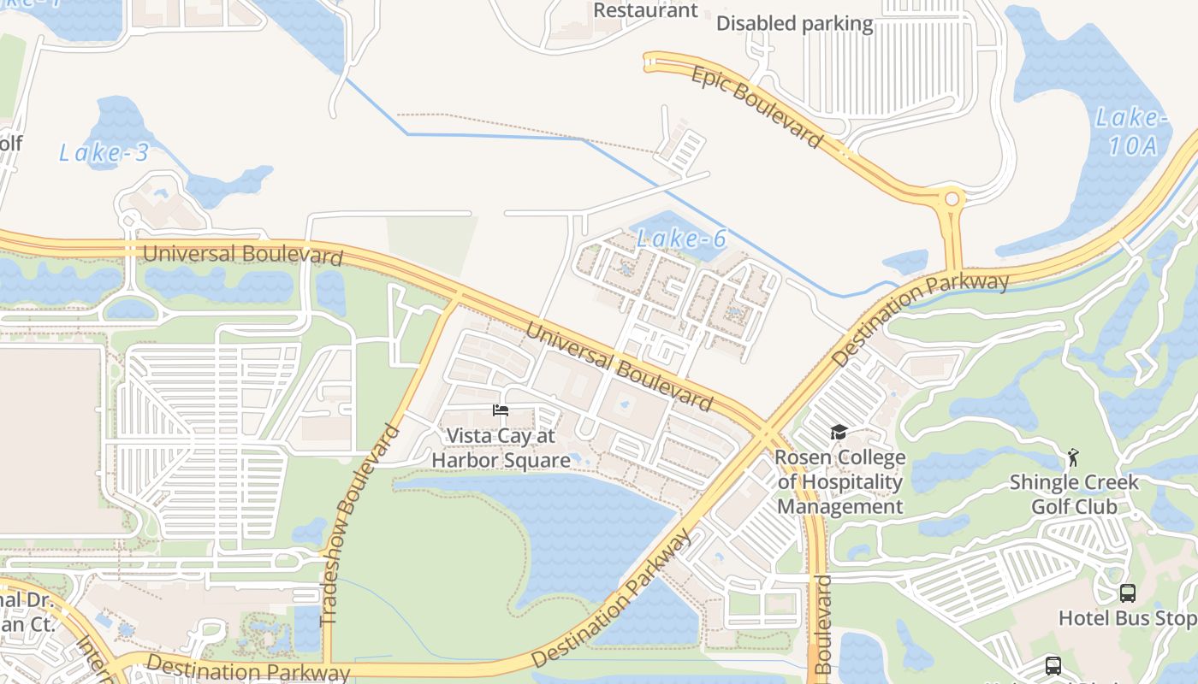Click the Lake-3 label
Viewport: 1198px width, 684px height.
pos(104,153)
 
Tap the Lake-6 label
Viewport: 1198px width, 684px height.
pos(681,239)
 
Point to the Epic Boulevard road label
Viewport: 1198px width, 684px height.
pos(756,107)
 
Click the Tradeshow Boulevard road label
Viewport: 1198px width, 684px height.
pos(359,524)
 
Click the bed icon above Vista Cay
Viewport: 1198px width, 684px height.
pos(501,411)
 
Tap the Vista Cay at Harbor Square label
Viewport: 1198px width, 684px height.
pos(501,448)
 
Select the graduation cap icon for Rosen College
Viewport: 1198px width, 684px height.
pos(839,433)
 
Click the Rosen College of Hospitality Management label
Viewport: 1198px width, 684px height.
pos(839,482)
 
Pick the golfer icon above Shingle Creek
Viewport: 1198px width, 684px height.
pos(1073,457)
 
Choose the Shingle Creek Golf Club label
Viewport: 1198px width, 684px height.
pos(1073,494)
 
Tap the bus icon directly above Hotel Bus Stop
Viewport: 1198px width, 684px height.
pos(1128,593)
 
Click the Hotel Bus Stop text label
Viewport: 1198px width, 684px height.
pos(1126,618)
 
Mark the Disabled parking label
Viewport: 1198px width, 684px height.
pos(794,24)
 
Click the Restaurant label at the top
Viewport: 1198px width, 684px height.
pos(645,10)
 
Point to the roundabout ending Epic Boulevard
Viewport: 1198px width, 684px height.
pos(950,200)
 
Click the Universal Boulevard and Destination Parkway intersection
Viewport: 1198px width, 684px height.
pos(764,431)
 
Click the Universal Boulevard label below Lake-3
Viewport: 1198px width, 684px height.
pos(243,254)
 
